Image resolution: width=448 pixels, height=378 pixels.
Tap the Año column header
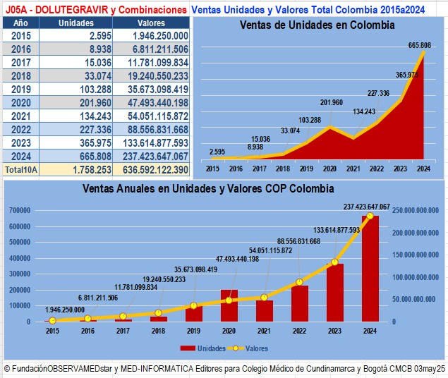(20, 23)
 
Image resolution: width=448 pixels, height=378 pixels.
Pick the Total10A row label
(20, 169)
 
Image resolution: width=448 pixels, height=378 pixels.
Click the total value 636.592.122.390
(151, 169)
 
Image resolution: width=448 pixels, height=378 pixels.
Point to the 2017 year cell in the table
(20, 62)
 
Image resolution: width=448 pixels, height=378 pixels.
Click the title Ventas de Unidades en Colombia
(317, 25)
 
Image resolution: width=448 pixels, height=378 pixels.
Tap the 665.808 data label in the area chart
(420, 46)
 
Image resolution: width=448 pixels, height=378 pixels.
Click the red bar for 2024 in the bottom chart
(370, 269)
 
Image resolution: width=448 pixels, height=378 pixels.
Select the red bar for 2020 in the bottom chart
(229, 305)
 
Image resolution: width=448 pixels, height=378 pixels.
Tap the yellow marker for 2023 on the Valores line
(335, 262)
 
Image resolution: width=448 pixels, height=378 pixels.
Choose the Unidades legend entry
(205, 348)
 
